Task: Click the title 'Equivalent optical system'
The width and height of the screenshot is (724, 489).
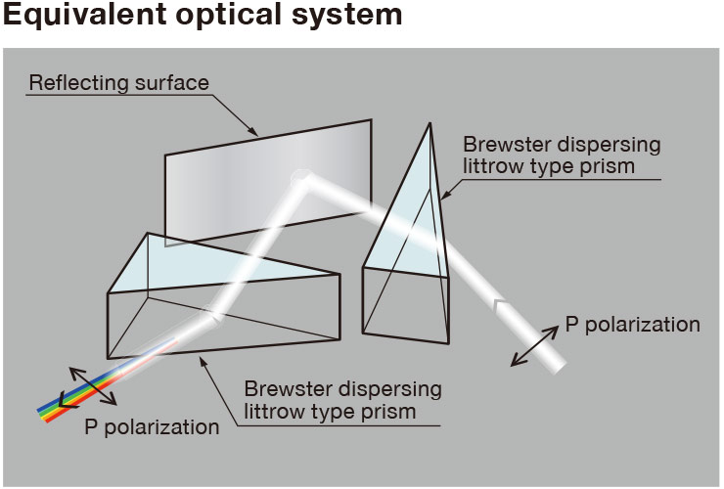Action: pyautogui.click(x=203, y=15)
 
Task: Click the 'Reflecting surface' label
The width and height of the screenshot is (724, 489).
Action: pyautogui.click(x=119, y=83)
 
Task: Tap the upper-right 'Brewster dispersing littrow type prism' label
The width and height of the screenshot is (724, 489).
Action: pyautogui.click(x=562, y=155)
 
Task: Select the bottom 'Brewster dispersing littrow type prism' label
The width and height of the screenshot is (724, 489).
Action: pyautogui.click(x=342, y=400)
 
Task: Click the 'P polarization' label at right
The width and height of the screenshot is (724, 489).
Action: pyautogui.click(x=633, y=324)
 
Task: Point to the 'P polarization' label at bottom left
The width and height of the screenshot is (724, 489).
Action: pyautogui.click(x=152, y=426)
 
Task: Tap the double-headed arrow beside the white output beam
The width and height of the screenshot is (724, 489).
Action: pyautogui.click(x=534, y=346)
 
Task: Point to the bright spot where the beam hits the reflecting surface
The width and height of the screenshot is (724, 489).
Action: pyautogui.click(x=301, y=177)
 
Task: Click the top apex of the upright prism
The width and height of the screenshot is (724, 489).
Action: pyautogui.click(x=430, y=123)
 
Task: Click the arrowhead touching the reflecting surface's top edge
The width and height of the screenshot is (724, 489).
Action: pyautogui.click(x=253, y=131)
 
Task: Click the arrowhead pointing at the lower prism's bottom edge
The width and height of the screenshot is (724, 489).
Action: pyautogui.click(x=203, y=362)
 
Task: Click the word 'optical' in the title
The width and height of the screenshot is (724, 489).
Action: pyautogui.click(x=228, y=15)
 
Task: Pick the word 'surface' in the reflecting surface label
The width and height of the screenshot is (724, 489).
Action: pyautogui.click(x=172, y=83)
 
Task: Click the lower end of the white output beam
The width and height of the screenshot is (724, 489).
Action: pyautogui.click(x=559, y=366)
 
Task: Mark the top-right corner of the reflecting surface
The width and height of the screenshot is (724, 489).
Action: pyautogui.click(x=371, y=119)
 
